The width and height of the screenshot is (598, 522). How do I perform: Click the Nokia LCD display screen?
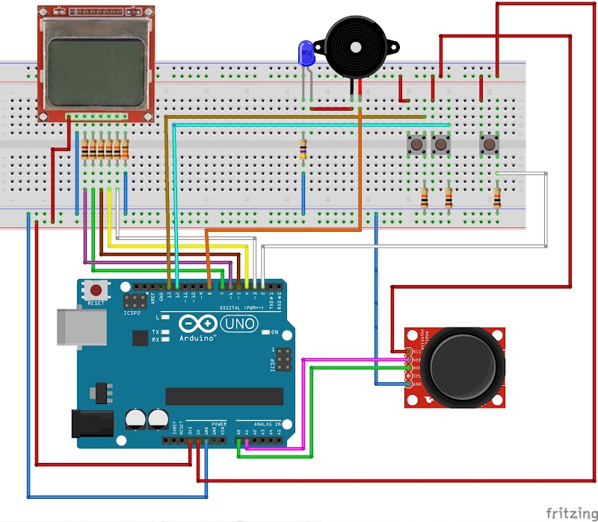pos(96,73)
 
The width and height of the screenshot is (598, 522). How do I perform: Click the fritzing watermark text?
pos(570,512)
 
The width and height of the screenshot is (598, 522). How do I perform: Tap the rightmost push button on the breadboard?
pos(490,144)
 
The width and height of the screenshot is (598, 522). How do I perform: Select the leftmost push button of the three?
pos(416,144)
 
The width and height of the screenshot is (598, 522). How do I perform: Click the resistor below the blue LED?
pos(303,148)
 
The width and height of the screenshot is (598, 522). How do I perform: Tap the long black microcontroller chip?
pos(224,396)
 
